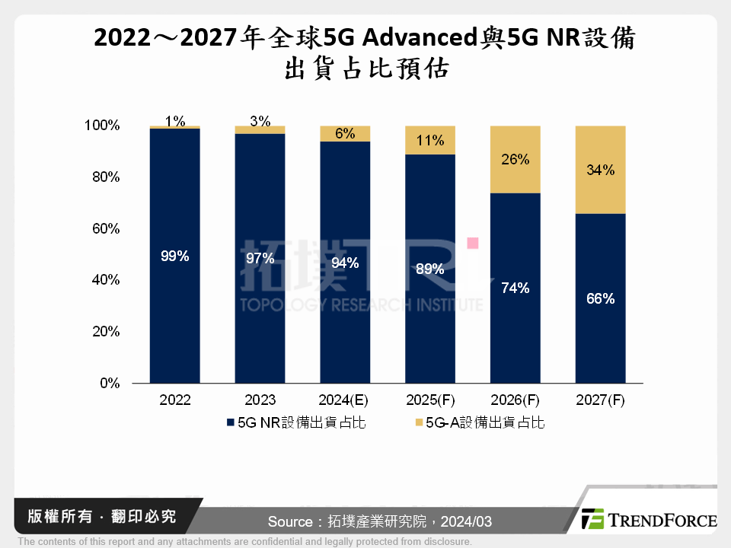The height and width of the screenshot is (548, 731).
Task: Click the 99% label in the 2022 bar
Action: click(x=174, y=256)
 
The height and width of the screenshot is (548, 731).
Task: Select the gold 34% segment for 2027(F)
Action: click(x=600, y=170)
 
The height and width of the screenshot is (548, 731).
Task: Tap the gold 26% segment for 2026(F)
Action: click(x=515, y=160)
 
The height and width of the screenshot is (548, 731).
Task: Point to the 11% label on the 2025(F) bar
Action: click(x=430, y=140)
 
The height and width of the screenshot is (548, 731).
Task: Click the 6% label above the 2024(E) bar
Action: click(x=345, y=133)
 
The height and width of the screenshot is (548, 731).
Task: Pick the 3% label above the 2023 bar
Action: click(x=260, y=121)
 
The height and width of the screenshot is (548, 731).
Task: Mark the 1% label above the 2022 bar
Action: click(x=174, y=120)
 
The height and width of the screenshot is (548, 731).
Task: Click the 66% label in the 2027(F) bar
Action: click(x=600, y=299)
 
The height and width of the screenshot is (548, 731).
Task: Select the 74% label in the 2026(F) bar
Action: click(x=515, y=288)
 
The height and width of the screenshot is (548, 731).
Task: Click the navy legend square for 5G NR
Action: click(x=230, y=422)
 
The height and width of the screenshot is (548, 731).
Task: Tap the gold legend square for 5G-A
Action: click(x=418, y=422)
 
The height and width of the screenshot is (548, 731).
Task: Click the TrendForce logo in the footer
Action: click(x=648, y=519)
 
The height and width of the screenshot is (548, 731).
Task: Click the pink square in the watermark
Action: click(x=472, y=243)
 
